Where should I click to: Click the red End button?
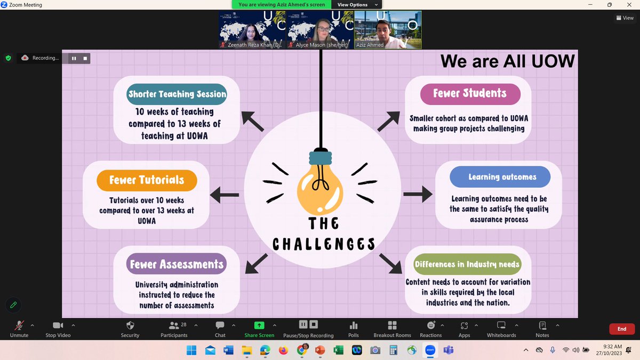tap(621, 329)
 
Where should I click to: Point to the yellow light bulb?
tap(320, 187)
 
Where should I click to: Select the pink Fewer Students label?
tap(469, 93)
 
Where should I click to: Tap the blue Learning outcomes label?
tap(502, 177)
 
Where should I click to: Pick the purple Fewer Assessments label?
tap(177, 264)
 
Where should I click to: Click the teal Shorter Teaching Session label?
tap(177, 94)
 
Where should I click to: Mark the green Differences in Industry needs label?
tap(467, 265)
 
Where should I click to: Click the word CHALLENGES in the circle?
tap(324, 244)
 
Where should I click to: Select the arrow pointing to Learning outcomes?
tap(418, 194)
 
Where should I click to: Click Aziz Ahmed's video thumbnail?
tap(388, 30)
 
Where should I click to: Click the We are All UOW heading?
tap(507, 61)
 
